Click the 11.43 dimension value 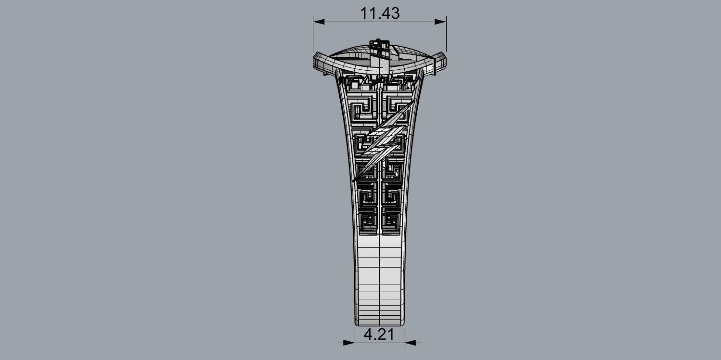pyautogui.click(x=380, y=13)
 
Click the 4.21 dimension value pyautogui.click(x=379, y=334)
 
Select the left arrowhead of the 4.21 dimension pyautogui.click(x=349, y=343)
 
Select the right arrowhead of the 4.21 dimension pyautogui.click(x=410, y=343)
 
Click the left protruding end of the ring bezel pyautogui.click(x=319, y=64)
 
